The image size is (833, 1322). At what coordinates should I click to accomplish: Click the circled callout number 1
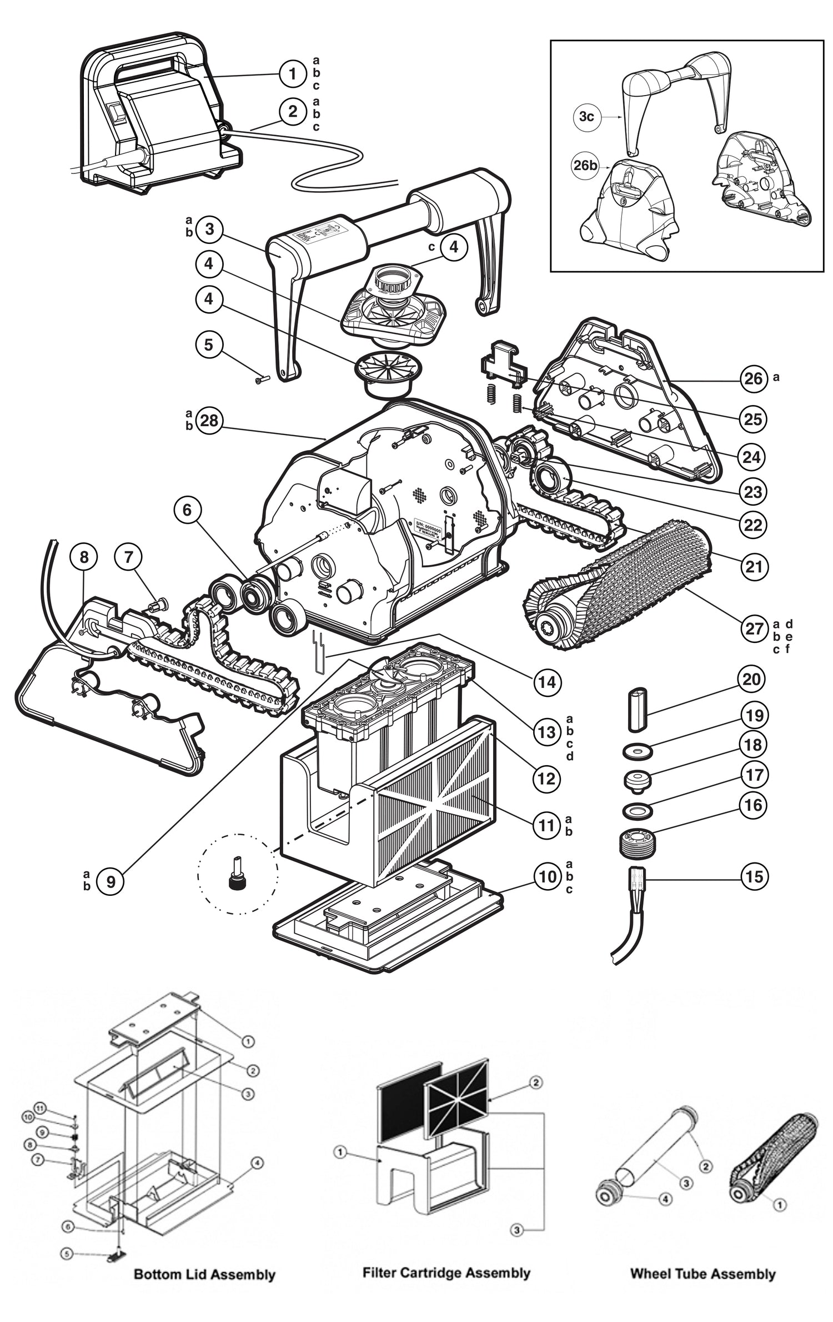point(293,73)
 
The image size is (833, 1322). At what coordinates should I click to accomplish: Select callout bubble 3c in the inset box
point(586,116)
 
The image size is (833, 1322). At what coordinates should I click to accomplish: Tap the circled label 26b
point(585,165)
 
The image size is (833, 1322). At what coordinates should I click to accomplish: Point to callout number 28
point(209,421)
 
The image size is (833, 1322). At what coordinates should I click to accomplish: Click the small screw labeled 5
point(262,380)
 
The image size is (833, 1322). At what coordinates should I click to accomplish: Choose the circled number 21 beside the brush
point(754,567)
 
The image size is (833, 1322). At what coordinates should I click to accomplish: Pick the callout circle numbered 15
point(754,877)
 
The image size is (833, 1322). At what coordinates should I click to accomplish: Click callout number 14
point(547,682)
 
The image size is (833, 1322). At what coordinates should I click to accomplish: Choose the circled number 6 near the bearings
point(187,510)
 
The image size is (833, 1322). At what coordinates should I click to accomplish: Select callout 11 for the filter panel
point(546,825)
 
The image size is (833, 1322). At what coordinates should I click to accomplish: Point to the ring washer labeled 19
point(637,752)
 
